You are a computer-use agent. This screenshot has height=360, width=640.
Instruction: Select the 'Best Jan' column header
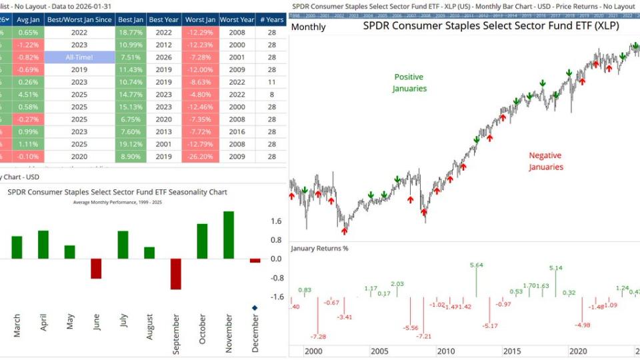[130, 19]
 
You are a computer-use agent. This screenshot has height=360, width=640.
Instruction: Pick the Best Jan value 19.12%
[130, 144]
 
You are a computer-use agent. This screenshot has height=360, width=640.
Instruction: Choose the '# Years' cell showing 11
[271, 82]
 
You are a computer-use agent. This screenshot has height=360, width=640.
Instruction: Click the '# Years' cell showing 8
[271, 95]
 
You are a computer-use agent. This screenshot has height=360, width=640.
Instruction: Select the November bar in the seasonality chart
[229, 235]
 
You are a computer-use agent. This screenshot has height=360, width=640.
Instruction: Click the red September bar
[176, 273]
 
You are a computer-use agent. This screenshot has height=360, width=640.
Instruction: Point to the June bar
[96, 268]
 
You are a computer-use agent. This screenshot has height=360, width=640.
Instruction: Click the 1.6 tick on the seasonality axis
[275, 221]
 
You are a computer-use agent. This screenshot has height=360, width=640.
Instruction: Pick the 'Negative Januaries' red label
[546, 161]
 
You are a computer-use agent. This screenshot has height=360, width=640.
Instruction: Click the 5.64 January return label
[477, 265]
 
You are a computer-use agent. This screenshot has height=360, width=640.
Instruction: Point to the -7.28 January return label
[319, 337]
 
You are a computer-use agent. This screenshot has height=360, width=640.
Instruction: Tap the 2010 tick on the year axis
[446, 352]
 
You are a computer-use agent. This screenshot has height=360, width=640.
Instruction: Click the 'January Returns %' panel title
[320, 249]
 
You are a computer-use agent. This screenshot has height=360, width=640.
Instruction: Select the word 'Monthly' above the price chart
[309, 27]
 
